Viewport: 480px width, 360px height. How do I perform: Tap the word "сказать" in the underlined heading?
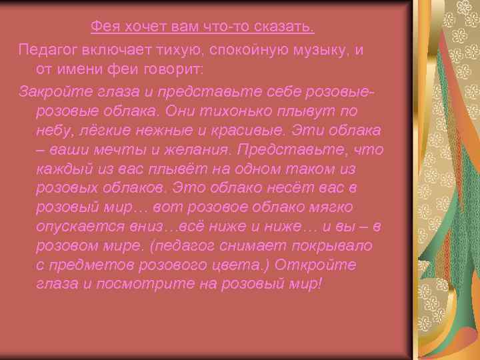287,27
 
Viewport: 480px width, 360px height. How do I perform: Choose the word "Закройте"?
52,90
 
